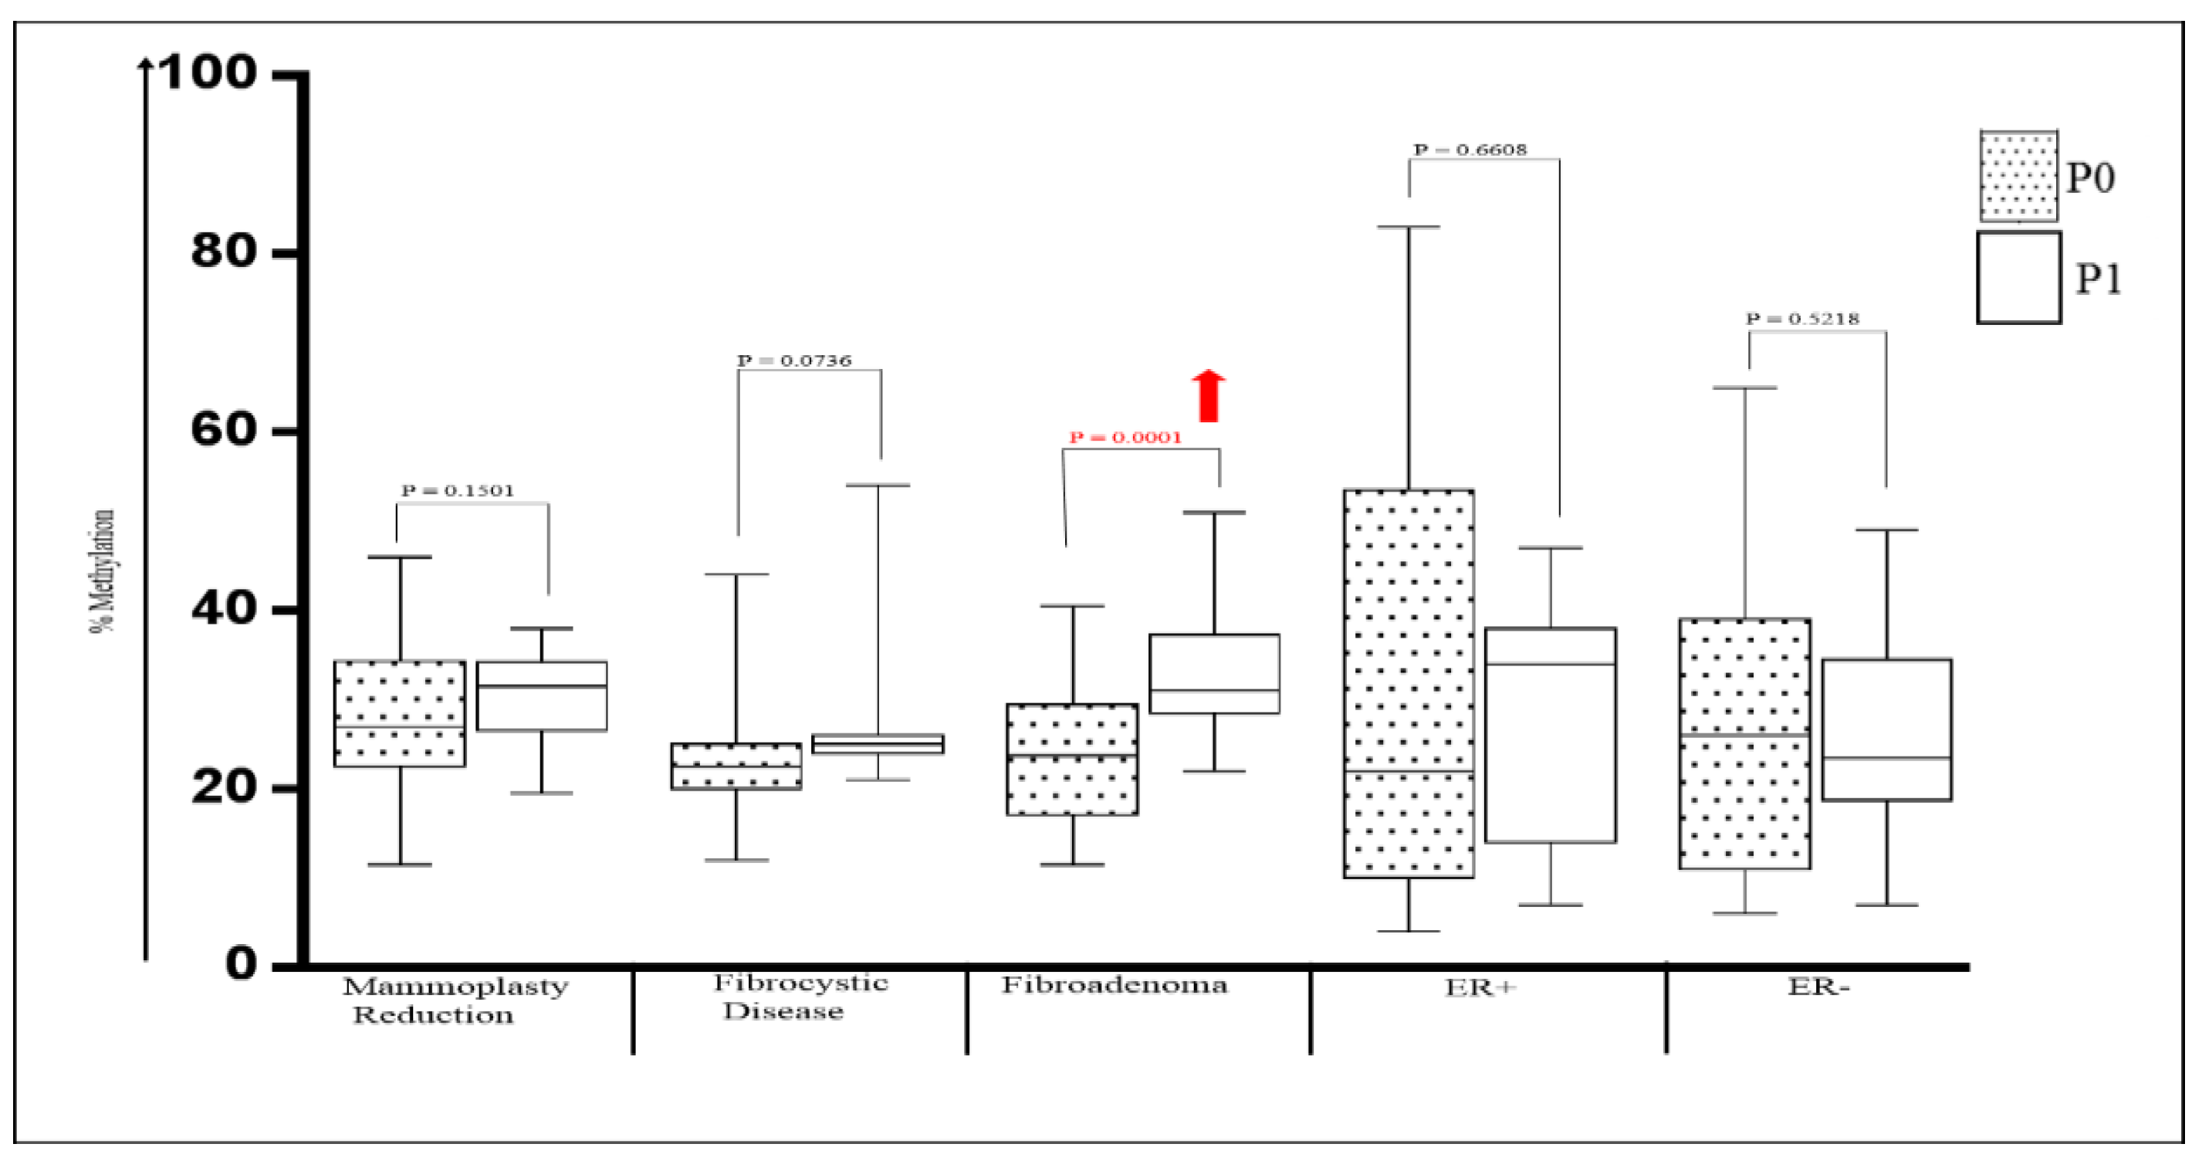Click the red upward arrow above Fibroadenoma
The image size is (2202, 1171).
point(1208,396)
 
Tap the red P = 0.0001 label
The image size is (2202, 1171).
point(1125,438)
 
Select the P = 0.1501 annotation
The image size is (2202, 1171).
point(458,491)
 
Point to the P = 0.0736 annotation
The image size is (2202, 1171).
point(794,360)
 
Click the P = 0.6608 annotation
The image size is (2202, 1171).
point(1470,150)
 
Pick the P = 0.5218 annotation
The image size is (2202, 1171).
point(1802,319)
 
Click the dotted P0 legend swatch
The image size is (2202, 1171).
point(2018,176)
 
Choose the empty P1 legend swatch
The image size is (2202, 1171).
point(2018,278)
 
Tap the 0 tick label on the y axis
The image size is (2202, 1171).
point(240,963)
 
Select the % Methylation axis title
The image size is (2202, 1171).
point(103,571)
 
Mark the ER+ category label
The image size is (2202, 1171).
point(1480,988)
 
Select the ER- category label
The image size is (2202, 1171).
point(1818,987)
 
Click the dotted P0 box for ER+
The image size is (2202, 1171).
point(1408,684)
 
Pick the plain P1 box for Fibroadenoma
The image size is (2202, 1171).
point(1214,674)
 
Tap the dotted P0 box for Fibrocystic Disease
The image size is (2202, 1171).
point(736,766)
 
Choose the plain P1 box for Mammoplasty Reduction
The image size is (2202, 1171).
point(541,695)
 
